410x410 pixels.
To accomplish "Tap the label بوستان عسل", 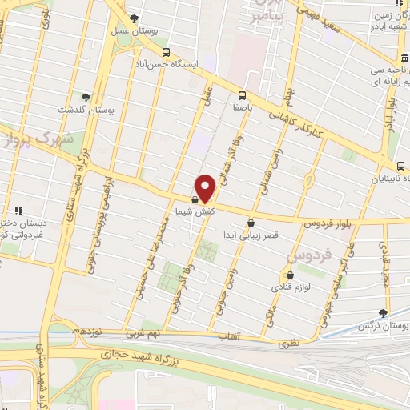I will [156, 30].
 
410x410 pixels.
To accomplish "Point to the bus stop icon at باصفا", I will [243, 93].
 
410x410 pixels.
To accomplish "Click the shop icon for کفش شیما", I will [195, 200].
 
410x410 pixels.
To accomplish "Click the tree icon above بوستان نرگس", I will [384, 314].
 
